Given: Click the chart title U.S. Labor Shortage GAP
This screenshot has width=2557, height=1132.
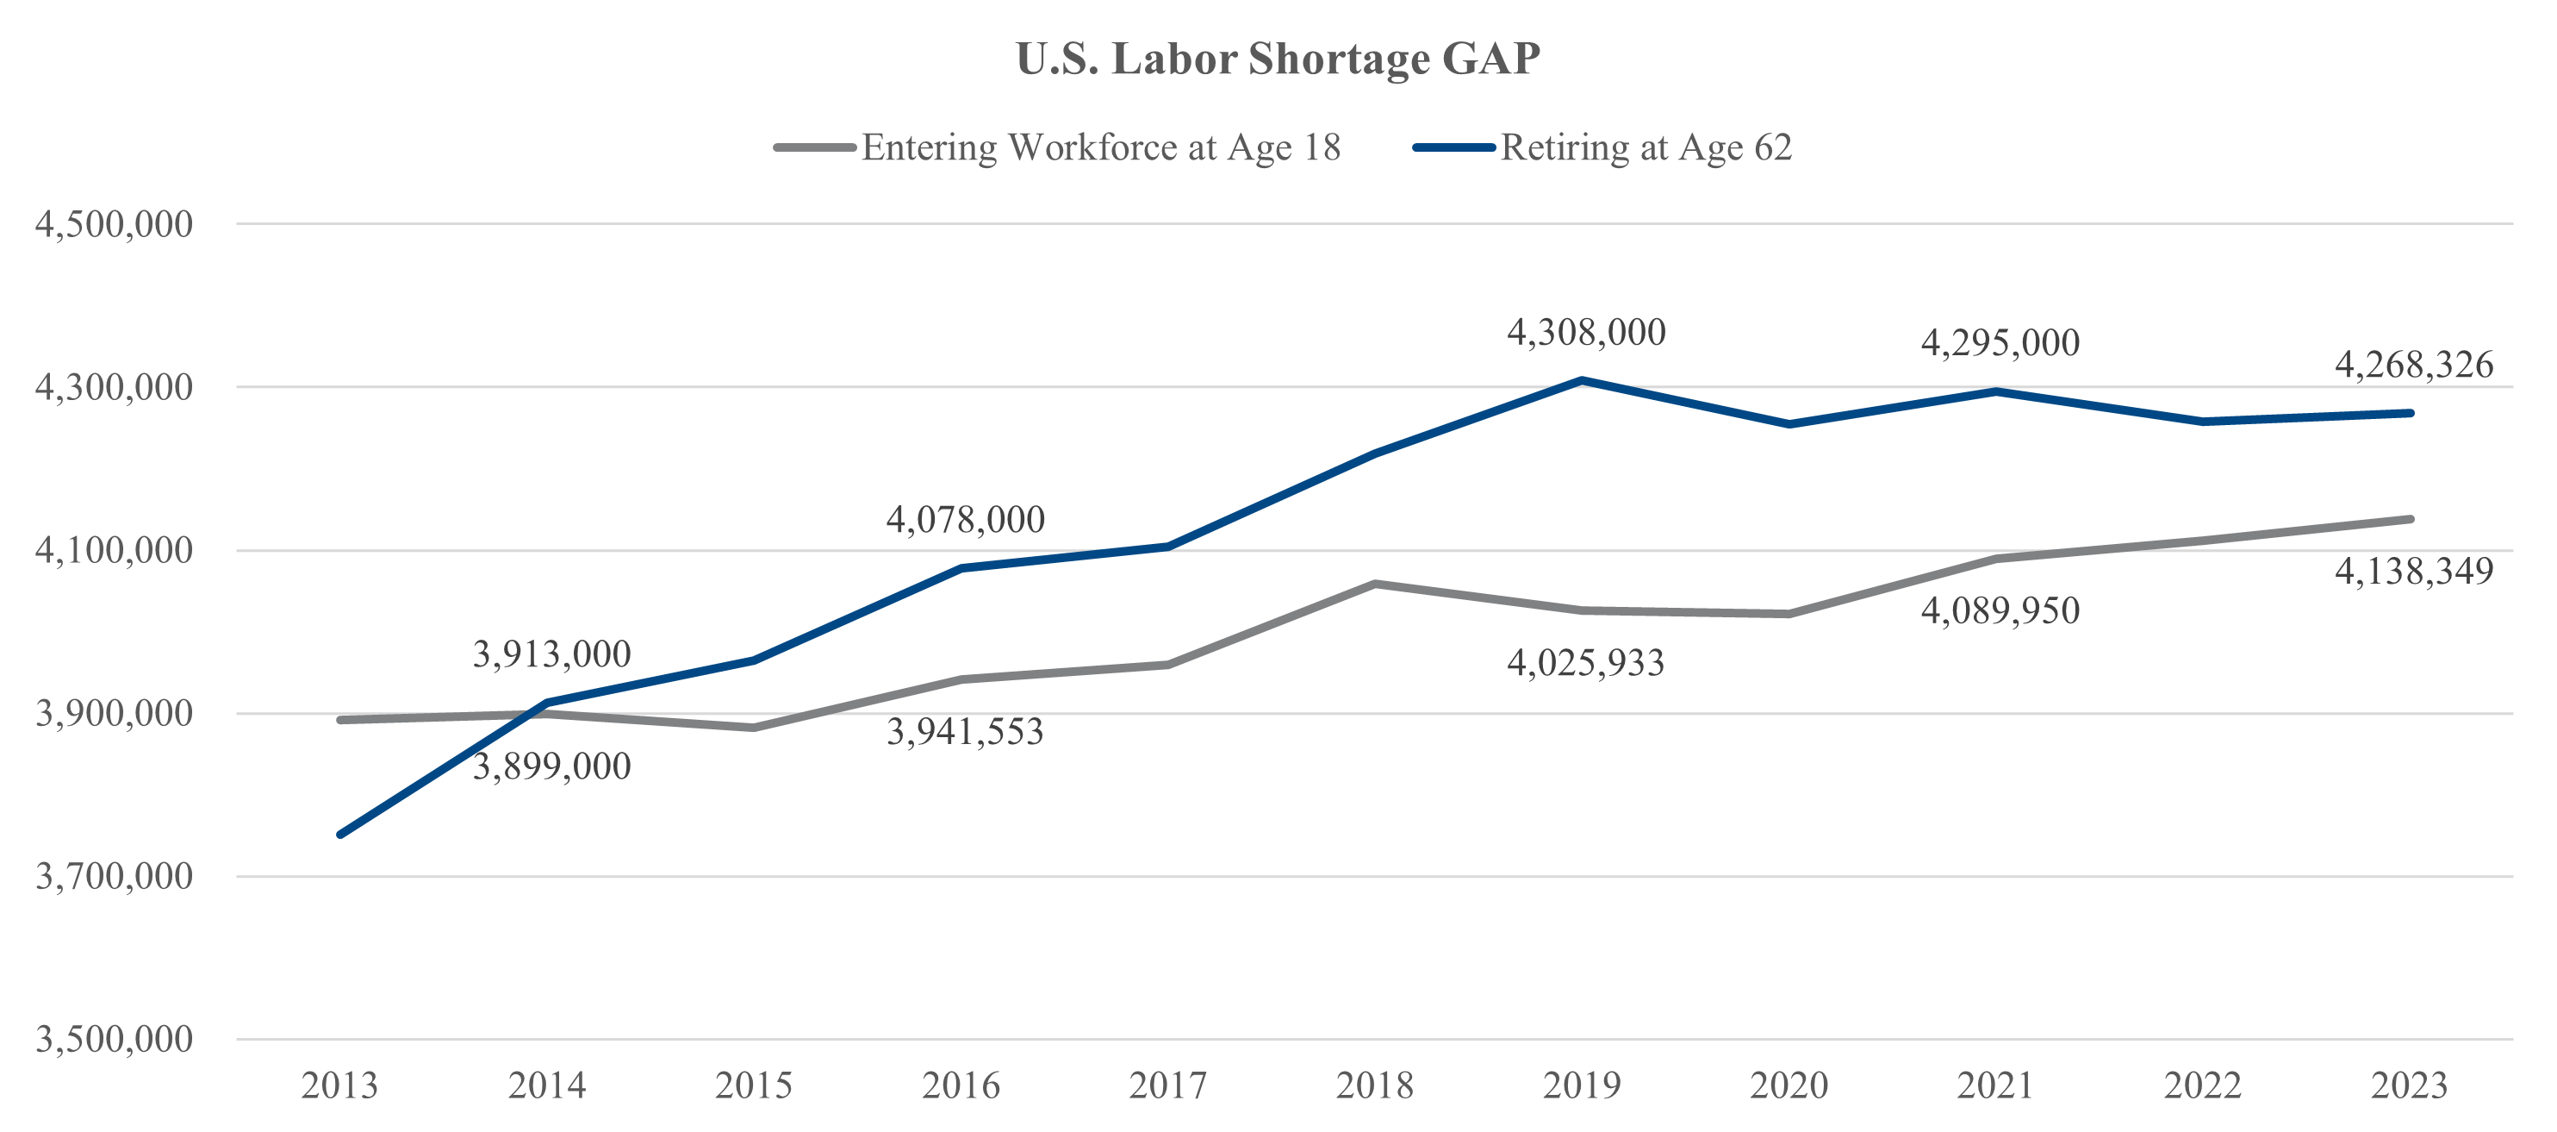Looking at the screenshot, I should [x=1278, y=59].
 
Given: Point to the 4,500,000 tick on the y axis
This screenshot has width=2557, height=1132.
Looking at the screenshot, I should [x=114, y=224].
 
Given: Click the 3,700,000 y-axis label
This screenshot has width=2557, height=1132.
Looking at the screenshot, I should [x=114, y=877].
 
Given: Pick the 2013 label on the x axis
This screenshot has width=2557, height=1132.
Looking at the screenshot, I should [x=339, y=1085].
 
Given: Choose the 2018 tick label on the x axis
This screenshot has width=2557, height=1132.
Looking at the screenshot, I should [x=1375, y=1085].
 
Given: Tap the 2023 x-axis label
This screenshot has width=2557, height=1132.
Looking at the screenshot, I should [x=2409, y=1085].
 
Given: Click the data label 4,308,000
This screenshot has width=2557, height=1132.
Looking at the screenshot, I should [x=1586, y=333].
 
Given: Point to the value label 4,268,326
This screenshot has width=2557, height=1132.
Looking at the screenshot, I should [x=2413, y=366].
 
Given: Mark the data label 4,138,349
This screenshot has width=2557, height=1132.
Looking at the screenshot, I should [x=2413, y=572].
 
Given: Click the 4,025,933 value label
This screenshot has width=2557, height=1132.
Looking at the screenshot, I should [x=1585, y=663].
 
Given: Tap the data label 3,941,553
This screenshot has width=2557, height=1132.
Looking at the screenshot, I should [x=965, y=732].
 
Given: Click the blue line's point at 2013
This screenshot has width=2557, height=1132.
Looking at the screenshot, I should [x=340, y=834].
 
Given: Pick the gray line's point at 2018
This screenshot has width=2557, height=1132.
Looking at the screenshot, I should [x=1375, y=583].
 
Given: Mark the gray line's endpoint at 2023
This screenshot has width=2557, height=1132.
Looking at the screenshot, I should [x=2410, y=518].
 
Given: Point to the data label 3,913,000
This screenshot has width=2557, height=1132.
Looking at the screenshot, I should [x=551, y=654].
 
